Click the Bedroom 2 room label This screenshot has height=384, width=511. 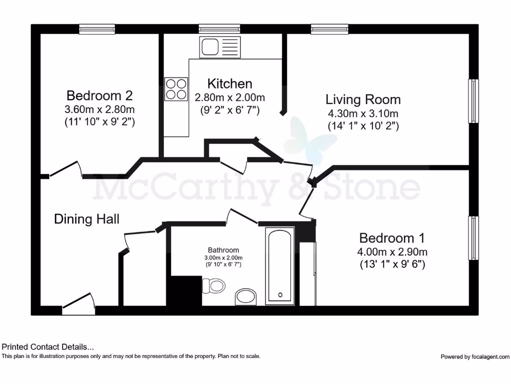click(99, 95)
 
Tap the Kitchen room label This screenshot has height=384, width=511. click(230, 83)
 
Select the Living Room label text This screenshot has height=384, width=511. click(363, 99)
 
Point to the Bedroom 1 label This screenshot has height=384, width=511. click(393, 237)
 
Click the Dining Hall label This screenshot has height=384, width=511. click(86, 218)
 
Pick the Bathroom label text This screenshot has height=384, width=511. click(224, 250)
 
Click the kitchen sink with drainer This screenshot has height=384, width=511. click(220, 47)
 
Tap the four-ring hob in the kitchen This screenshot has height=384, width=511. click(176, 89)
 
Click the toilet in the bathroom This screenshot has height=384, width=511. click(214, 286)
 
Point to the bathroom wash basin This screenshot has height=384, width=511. click(246, 296)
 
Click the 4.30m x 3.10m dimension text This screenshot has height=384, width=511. click(363, 113)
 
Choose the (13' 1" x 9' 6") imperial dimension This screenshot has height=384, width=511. click(392, 264)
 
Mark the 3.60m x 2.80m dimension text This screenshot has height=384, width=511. click(99, 108)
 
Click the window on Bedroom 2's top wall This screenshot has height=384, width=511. click(97, 29)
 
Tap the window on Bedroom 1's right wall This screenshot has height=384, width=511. click(473, 238)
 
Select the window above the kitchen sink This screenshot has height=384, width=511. click(219, 29)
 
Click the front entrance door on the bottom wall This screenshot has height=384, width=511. click(79, 305)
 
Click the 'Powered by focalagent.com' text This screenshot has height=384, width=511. click(475, 356)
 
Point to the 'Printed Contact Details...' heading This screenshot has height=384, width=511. click(48, 346)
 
